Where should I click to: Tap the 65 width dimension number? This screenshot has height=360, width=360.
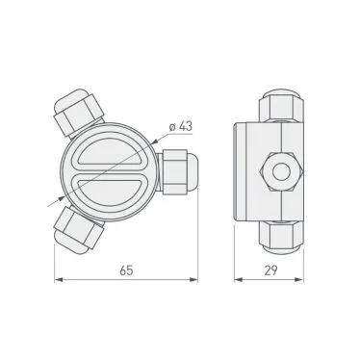[x=126, y=271]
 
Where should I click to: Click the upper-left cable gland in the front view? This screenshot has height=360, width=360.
[x=76, y=113]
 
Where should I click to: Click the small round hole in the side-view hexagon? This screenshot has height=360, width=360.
[x=281, y=171]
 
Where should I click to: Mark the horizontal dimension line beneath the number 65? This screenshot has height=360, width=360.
[x=126, y=282]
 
